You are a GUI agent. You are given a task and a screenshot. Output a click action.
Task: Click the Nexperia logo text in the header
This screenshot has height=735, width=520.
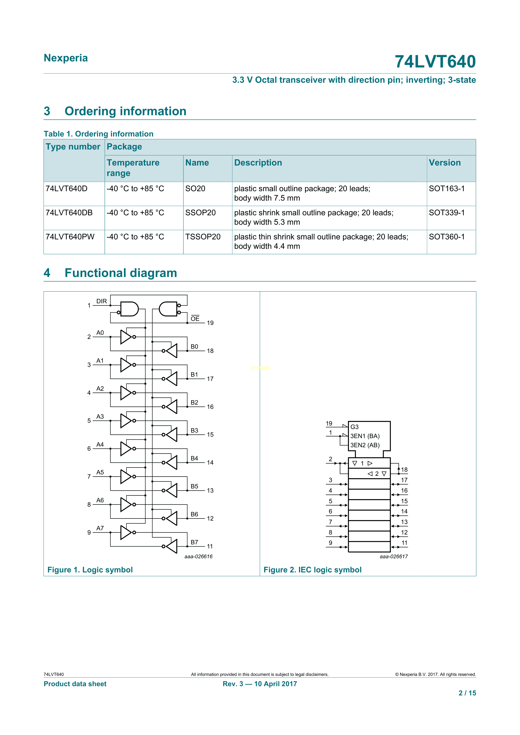(66, 58)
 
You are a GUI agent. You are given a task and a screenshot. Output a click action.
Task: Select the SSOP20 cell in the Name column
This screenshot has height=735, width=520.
(200, 213)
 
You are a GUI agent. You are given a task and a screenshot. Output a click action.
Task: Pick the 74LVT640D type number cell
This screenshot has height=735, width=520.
(66, 189)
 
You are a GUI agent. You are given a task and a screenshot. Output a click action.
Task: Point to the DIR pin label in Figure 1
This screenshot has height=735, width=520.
(101, 301)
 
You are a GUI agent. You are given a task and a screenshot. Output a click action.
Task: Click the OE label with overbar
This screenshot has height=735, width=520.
(195, 318)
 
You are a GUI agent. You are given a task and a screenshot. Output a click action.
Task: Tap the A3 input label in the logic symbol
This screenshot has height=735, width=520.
(100, 417)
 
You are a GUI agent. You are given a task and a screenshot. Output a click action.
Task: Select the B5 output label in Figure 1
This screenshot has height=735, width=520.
(194, 486)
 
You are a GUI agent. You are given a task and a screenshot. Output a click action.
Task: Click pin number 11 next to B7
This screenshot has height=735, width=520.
(210, 546)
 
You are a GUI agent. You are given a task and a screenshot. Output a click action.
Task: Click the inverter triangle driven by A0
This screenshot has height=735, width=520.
(126, 337)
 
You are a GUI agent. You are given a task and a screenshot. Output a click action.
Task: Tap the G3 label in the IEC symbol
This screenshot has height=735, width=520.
(354, 427)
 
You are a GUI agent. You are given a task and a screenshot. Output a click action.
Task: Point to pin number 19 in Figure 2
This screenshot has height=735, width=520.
(329, 423)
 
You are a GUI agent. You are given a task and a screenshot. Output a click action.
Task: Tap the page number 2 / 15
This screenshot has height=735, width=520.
(467, 693)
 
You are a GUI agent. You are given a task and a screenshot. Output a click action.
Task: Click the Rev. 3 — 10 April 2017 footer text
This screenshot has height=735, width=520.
(260, 684)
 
